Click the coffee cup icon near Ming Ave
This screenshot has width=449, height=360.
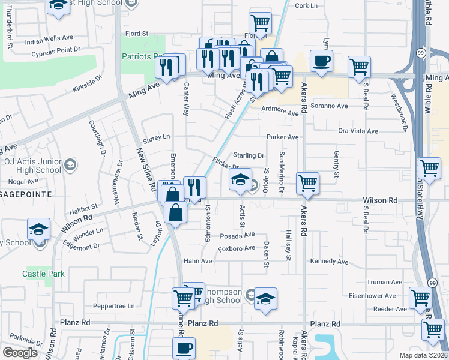click(321, 61)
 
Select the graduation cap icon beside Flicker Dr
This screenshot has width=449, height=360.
click(240, 179)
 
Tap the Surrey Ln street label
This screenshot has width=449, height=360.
click(157, 137)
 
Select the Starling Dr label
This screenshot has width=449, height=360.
click(249, 155)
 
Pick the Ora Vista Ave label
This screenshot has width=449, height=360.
click(358, 131)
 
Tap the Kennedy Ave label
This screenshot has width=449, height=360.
click(329, 262)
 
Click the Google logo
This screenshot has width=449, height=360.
click(20, 352)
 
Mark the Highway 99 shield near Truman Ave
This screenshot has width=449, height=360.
click(432, 283)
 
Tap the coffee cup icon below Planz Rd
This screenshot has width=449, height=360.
click(184, 347)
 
